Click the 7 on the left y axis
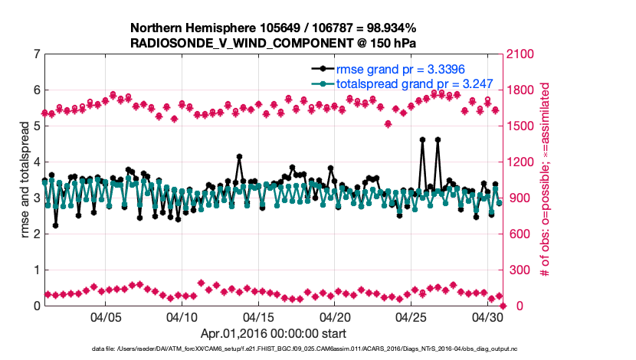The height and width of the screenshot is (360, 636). click(x=36, y=54)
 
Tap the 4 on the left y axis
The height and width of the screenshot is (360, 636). click(x=36, y=162)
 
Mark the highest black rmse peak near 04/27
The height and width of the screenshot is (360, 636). click(x=438, y=139)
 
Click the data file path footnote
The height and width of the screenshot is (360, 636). click(x=317, y=349)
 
